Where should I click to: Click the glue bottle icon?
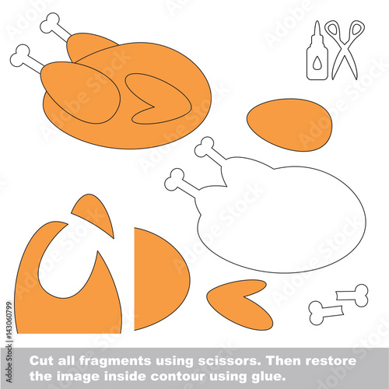pos(317,52)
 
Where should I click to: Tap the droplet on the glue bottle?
pos(317,64)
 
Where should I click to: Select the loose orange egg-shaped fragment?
pos(289,124)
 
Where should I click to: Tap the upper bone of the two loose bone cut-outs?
pos(352,295)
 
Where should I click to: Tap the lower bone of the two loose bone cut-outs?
pos(325,312)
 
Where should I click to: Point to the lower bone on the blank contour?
pos(180,180)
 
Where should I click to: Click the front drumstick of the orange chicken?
pos(80,92)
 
